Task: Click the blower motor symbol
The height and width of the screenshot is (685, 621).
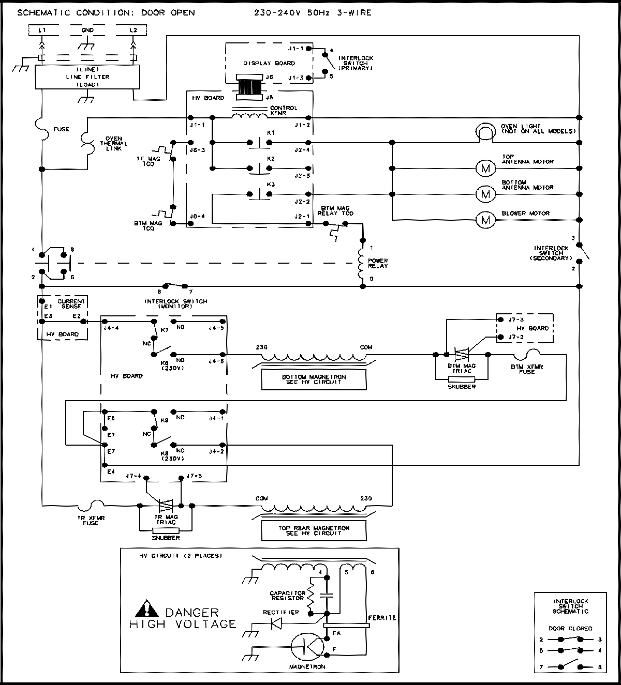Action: pyautogui.click(x=485, y=220)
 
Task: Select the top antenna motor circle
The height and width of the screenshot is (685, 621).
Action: pyautogui.click(x=485, y=168)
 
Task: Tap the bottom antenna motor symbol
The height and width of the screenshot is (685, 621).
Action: pyautogui.click(x=485, y=194)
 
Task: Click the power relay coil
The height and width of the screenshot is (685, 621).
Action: pyautogui.click(x=362, y=263)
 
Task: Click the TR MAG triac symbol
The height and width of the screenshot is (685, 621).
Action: pyautogui.click(x=166, y=505)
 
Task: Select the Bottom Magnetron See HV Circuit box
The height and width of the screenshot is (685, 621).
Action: pyautogui.click(x=314, y=379)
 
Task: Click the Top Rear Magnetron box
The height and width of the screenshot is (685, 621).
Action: pyautogui.click(x=314, y=530)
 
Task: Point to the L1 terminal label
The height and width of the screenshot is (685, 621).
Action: pyautogui.click(x=42, y=31)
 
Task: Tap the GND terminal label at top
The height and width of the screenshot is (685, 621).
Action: pyautogui.click(x=87, y=31)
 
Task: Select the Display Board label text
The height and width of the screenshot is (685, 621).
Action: pyautogui.click(x=269, y=63)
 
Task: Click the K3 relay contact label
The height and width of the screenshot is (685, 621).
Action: pyautogui.click(x=270, y=184)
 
